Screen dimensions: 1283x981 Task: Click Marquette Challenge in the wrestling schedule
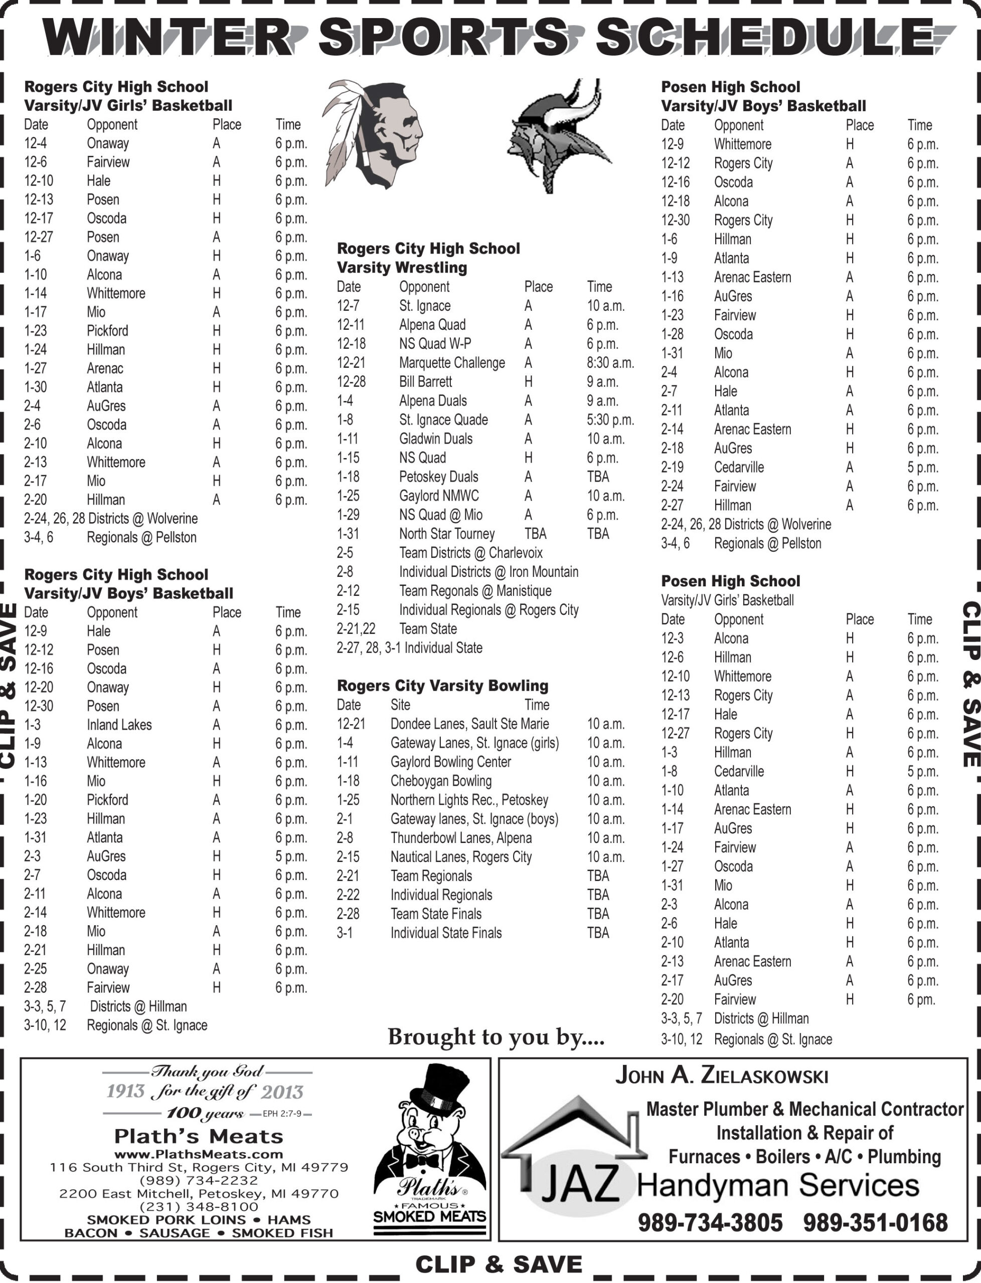point(452,363)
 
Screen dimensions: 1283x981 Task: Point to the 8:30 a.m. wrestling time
point(610,363)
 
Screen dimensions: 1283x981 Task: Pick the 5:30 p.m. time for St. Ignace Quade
point(610,420)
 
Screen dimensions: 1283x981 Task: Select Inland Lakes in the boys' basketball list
point(119,725)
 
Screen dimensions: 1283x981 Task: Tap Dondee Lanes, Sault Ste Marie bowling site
point(469,724)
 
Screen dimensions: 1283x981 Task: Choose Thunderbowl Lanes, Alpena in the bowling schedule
point(461,838)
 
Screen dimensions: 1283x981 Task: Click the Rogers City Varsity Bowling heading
point(443,686)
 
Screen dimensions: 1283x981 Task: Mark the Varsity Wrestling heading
point(402,268)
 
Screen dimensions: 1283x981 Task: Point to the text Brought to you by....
point(496,1037)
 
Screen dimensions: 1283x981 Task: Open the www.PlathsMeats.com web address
point(199,1155)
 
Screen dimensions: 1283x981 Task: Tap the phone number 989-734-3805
point(710,1222)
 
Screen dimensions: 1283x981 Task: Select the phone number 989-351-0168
point(875,1222)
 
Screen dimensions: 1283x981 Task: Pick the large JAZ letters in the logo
point(580,1184)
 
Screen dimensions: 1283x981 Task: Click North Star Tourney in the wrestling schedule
point(447,534)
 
